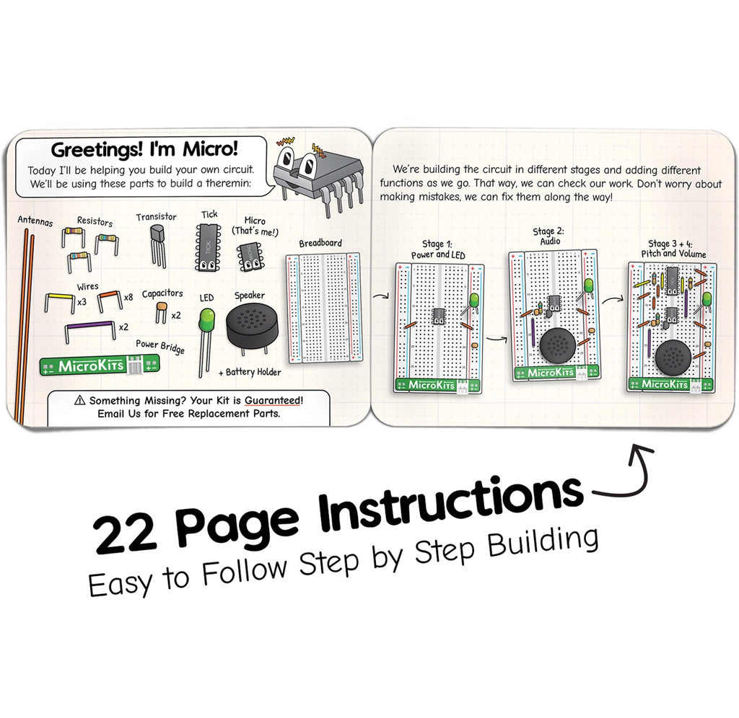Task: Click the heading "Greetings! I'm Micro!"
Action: coord(144,151)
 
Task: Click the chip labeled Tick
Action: coord(208,247)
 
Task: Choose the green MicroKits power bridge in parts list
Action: coord(100,366)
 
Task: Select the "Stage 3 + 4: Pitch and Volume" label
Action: coord(668,249)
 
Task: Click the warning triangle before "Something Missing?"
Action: coord(79,400)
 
